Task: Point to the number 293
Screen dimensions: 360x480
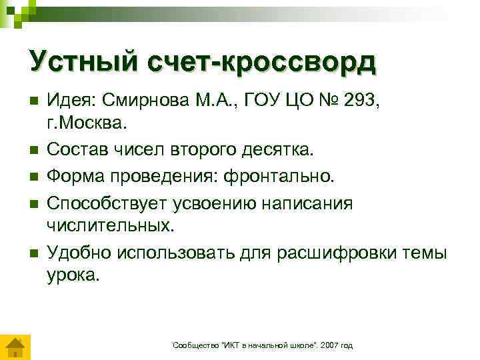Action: tap(365, 99)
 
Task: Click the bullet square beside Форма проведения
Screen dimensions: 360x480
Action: tap(31, 176)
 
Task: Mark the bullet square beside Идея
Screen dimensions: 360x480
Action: tap(31, 100)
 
